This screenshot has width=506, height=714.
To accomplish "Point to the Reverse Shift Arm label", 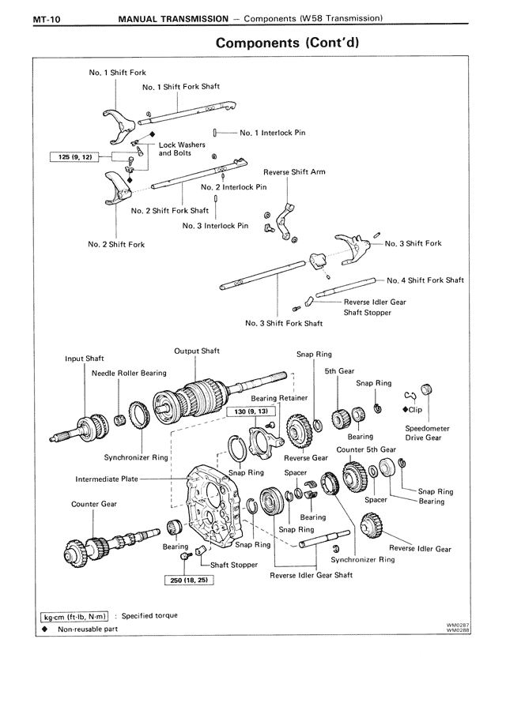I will click(294, 171).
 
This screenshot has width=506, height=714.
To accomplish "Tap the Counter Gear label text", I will click(93, 503).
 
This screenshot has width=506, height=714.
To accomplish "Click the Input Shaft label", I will click(84, 358).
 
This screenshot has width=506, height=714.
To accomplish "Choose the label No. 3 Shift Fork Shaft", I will click(284, 323).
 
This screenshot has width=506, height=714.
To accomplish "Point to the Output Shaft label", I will click(197, 351).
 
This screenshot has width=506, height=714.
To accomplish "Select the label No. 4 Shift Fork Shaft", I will click(425, 280).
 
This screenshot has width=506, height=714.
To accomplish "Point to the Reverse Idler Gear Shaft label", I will click(311, 575).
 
